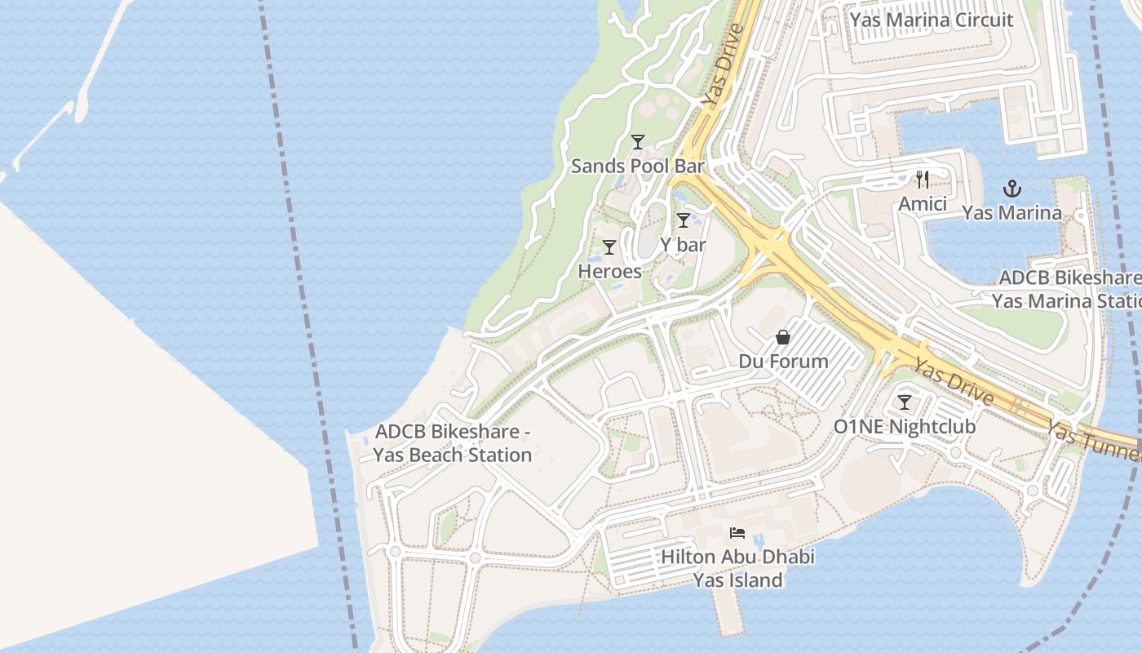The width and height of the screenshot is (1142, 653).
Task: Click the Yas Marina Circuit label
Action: (932, 20)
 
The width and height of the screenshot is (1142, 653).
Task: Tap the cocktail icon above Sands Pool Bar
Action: (638, 142)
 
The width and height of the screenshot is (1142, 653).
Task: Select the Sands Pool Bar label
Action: (637, 166)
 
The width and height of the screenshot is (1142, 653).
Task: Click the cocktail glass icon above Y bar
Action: (684, 220)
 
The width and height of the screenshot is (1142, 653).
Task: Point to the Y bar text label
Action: (684, 244)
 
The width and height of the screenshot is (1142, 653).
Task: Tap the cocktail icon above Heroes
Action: (609, 247)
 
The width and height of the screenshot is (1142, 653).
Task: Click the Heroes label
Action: (609, 271)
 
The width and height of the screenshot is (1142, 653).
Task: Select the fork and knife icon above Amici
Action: (923, 180)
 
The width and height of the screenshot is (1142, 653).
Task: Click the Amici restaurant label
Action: (923, 203)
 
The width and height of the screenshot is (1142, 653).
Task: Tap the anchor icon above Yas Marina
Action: (1011, 189)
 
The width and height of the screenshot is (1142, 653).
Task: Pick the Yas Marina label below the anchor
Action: (1011, 213)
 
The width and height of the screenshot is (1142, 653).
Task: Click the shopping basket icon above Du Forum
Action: (783, 337)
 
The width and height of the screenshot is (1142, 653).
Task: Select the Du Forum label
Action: (783, 361)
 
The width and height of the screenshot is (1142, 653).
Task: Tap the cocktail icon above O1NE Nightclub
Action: (905, 402)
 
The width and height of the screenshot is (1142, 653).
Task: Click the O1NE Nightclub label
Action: (905, 426)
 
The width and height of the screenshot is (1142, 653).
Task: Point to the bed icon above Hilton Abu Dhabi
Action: (737, 534)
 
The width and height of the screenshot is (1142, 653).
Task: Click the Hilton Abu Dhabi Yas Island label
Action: (737, 568)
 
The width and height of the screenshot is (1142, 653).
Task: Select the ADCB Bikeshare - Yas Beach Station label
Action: (453, 442)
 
